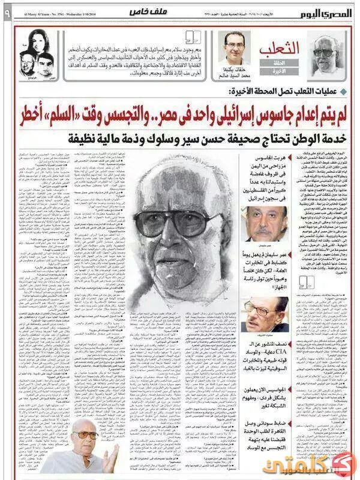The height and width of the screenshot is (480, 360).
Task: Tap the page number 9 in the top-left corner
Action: point(7,11)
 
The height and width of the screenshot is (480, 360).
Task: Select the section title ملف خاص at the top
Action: point(142,13)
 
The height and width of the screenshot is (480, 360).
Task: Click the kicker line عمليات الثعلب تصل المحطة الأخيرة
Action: point(282,91)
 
